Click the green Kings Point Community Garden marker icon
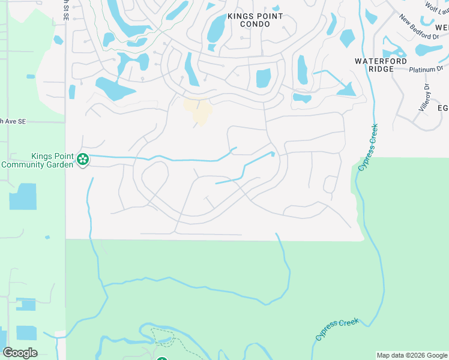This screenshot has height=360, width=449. coord(83,160)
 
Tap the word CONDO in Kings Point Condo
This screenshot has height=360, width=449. coord(255,24)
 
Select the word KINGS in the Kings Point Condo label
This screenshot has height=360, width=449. coord(240,16)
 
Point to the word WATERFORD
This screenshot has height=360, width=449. coord(381,61)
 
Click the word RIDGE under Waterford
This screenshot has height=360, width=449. coord(381,69)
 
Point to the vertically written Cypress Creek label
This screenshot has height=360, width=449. coord(369,148)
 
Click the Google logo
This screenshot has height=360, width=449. coord(20,353)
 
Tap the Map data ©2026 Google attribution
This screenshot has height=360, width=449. coord(411,355)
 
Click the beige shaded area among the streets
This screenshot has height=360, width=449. coord(199,110)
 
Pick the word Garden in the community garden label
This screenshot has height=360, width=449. coord(59,164)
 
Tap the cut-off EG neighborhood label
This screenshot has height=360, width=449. coord(443,108)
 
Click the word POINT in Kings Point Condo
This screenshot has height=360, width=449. coord(268,16)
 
